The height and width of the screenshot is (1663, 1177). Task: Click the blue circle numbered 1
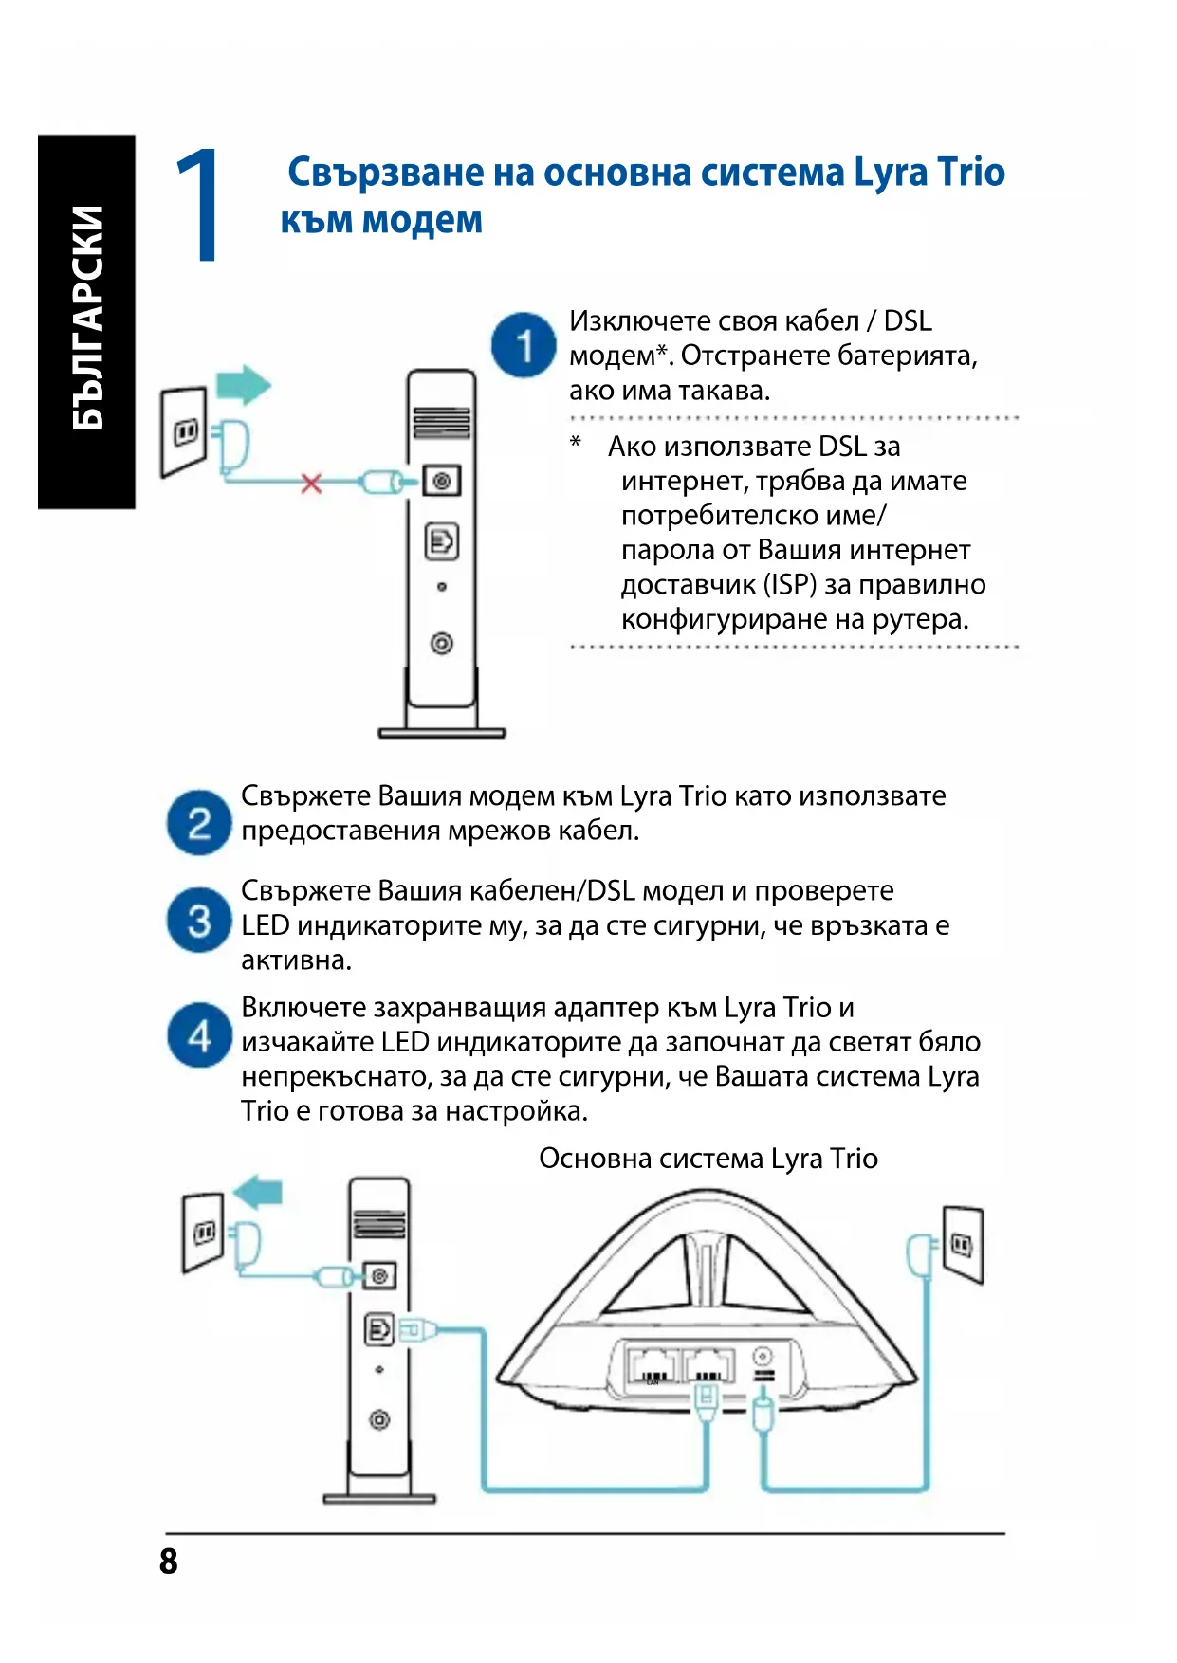pos(524,345)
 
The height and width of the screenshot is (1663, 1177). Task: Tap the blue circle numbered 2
pos(199,823)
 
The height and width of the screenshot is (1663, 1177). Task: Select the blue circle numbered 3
pos(199,920)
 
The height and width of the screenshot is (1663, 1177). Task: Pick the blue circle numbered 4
pos(199,1035)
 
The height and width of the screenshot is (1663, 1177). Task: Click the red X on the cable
pos(311,484)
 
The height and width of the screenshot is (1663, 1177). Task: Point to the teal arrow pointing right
pos(244,385)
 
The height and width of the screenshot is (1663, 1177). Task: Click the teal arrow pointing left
pos(258,1191)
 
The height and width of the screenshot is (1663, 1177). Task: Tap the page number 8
pos(169,1561)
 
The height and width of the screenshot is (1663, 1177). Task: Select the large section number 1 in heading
pos(198,205)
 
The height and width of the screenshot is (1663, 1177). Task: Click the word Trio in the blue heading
pos(970,173)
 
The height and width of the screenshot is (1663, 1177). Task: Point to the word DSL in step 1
pos(908,321)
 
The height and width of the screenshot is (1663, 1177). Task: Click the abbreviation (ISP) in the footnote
pos(790,584)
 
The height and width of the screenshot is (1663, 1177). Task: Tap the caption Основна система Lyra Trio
pos(708,1159)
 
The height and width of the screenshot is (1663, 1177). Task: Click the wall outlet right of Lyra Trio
pos(964,1243)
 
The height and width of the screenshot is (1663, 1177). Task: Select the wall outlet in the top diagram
pos(184,431)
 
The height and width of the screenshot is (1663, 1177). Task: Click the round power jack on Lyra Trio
pos(762,1357)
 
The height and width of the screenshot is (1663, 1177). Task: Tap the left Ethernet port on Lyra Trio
pos(651,1366)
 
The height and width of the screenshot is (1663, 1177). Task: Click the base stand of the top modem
pos(442,731)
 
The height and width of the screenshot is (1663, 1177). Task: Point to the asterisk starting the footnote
pos(576,443)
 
